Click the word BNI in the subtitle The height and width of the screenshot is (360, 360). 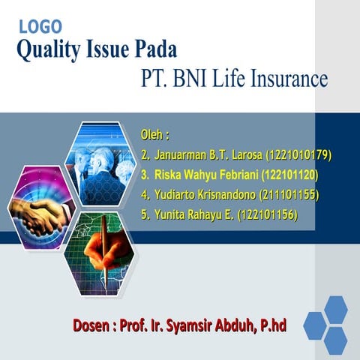coord(196,78)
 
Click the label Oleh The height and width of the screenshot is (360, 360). coord(154,136)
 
